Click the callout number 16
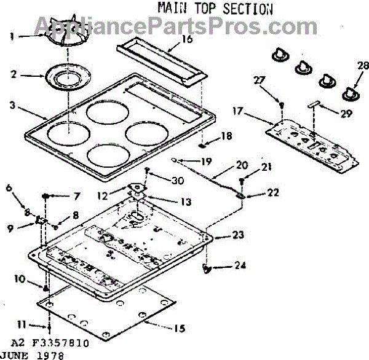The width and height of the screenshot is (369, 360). point(187,39)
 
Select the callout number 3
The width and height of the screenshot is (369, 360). point(12,104)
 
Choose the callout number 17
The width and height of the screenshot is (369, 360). point(239,112)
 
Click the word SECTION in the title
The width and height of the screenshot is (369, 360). point(248,9)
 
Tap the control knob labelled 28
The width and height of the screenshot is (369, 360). point(351,92)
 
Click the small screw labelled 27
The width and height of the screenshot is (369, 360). point(282,106)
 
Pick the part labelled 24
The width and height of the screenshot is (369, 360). point(207,267)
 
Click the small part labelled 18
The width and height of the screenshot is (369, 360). point(202,146)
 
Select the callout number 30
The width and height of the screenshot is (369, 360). point(178,180)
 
